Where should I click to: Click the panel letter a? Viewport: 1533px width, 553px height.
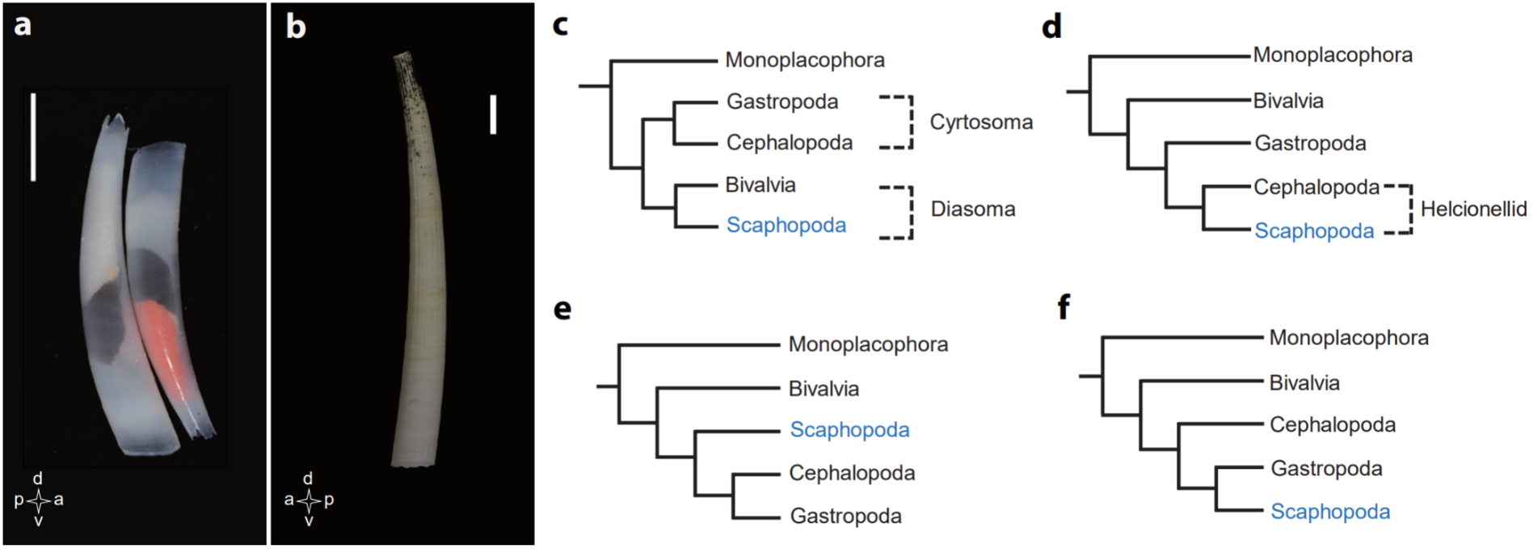click(x=23, y=25)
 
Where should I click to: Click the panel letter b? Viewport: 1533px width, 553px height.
click(x=296, y=27)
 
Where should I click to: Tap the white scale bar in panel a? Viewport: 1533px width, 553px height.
click(x=33, y=137)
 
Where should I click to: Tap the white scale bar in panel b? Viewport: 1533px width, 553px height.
click(x=493, y=114)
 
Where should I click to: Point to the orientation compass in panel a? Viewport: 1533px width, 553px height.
click(x=39, y=500)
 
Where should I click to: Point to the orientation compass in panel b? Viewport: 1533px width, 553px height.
click(x=308, y=500)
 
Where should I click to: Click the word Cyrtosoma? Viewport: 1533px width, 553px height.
click(x=981, y=122)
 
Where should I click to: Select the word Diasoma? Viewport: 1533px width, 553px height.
click(x=972, y=209)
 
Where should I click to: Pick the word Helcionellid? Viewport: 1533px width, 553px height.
click(x=1473, y=209)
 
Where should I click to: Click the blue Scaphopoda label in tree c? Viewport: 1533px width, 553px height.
click(x=785, y=225)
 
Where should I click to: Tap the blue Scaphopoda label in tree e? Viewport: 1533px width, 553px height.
click(x=849, y=429)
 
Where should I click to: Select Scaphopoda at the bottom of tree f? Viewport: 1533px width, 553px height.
click(x=1330, y=511)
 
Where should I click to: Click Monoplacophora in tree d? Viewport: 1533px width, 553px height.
click(x=1333, y=55)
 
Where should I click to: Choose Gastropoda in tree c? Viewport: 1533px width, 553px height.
click(x=782, y=101)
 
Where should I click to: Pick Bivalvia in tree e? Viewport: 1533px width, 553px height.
click(x=823, y=388)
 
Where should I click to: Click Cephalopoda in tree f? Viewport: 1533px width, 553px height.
click(x=1333, y=424)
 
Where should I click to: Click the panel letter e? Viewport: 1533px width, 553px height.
click(x=562, y=310)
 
